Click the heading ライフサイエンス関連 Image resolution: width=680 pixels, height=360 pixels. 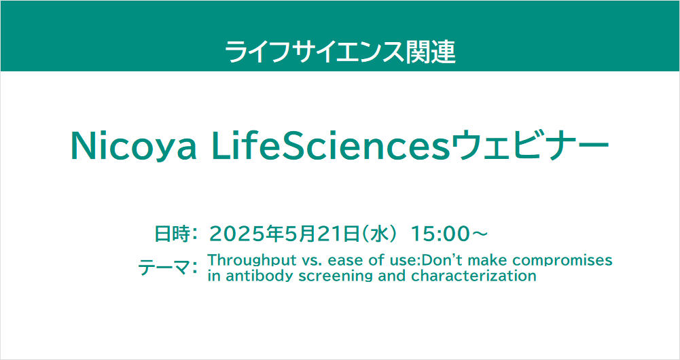340,52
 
